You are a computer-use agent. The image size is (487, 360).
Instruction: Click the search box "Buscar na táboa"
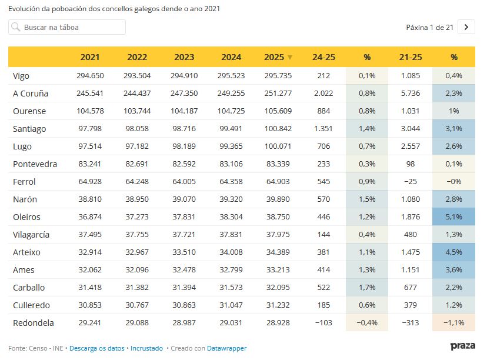pyautogui.click(x=67, y=27)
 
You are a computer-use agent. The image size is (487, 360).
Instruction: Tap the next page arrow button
pyautogui.click(x=466, y=27)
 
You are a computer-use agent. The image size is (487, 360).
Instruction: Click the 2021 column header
pyautogui.click(x=90, y=57)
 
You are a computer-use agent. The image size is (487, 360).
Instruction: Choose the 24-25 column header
pyautogui.click(x=323, y=57)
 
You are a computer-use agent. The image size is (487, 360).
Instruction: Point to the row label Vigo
pyautogui.click(x=21, y=76)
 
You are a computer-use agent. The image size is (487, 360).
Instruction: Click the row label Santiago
pyautogui.click(x=29, y=129)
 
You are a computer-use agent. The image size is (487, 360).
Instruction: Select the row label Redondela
pyautogui.click(x=33, y=323)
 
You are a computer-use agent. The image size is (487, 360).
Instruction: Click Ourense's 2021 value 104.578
pyautogui.click(x=90, y=111)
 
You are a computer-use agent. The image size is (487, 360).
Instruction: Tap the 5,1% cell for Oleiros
pyautogui.click(x=453, y=217)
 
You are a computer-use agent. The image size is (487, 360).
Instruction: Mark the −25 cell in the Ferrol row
pyautogui.click(x=410, y=182)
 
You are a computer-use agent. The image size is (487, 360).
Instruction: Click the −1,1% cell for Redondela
pyautogui.click(x=453, y=323)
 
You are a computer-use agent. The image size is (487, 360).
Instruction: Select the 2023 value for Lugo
pyautogui.click(x=184, y=146)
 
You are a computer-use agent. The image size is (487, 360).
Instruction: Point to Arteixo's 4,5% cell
pyautogui.click(x=453, y=252)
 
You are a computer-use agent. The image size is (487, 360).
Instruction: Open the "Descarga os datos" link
pyautogui.click(x=97, y=348)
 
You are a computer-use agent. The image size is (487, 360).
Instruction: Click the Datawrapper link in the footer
pyautogui.click(x=227, y=348)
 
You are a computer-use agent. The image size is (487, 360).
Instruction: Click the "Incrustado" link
pyautogui.click(x=146, y=348)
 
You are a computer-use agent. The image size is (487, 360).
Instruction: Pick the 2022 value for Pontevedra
pyautogui.click(x=137, y=164)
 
